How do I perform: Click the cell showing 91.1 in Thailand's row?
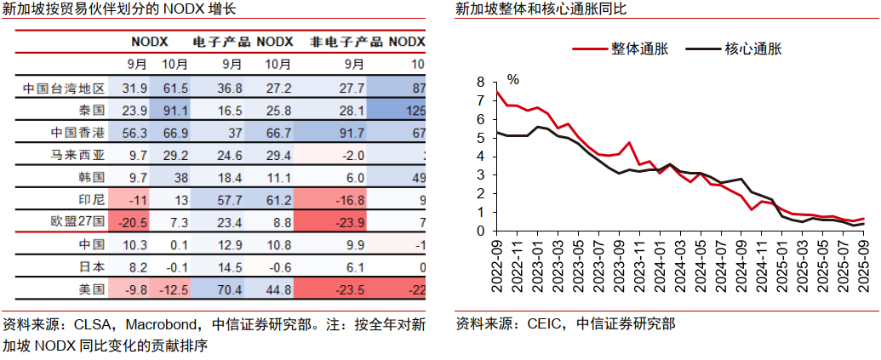[x=174, y=111]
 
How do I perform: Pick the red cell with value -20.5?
[x=135, y=221]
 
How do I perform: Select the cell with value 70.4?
[x=231, y=289]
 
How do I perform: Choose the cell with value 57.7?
[x=231, y=199]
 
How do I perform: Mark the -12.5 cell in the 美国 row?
[x=174, y=289]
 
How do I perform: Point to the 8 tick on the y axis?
[x=480, y=82]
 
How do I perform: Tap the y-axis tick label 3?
[x=480, y=175]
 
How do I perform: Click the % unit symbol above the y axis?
[x=512, y=79]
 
